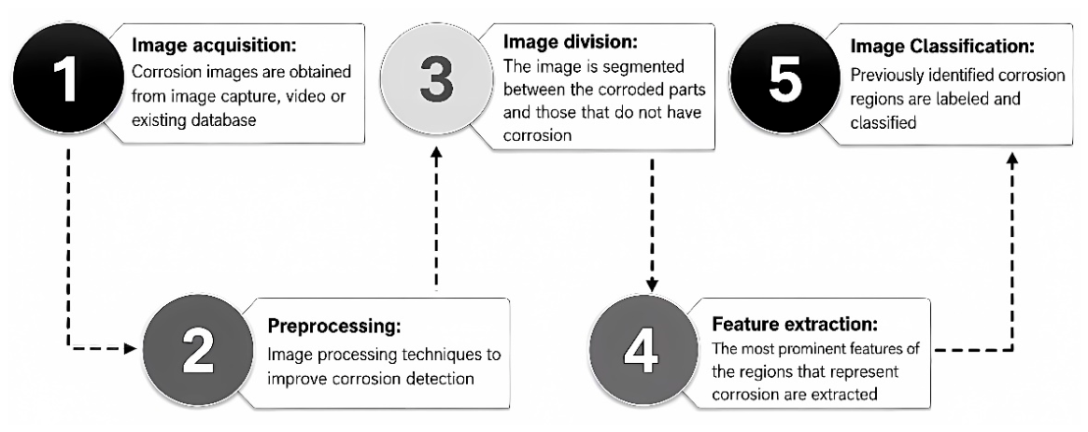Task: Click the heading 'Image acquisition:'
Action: (214, 47)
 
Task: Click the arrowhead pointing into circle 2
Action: (130, 348)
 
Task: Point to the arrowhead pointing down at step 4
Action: (652, 285)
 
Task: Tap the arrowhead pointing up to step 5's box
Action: (1011, 160)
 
